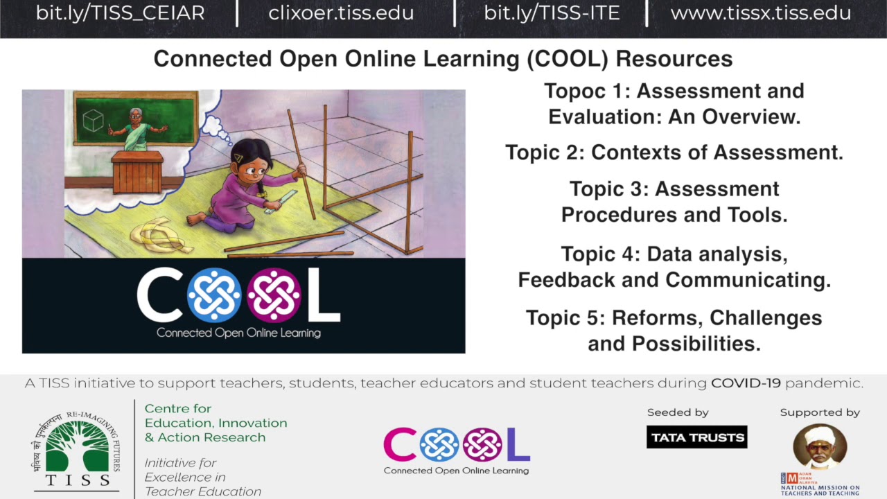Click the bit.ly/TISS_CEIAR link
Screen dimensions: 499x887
pyautogui.click(x=120, y=12)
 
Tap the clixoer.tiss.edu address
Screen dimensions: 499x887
pyautogui.click(x=341, y=12)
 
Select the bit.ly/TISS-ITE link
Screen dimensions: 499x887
pyautogui.click(x=552, y=12)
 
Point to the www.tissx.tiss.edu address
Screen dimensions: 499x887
pyautogui.click(x=760, y=12)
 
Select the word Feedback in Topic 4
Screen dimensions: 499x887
pyautogui.click(x=554, y=280)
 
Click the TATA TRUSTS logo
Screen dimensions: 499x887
pyautogui.click(x=696, y=437)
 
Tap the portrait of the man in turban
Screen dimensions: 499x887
pyautogui.click(x=820, y=447)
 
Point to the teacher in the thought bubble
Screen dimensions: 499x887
pyautogui.click(x=137, y=130)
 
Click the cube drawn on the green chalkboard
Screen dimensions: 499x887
pyautogui.click(x=92, y=121)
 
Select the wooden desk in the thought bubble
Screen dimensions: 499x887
pyautogui.click(x=137, y=173)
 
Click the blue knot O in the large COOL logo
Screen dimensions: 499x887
pyautogui.click(x=214, y=295)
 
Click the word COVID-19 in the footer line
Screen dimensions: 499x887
pyautogui.click(x=746, y=383)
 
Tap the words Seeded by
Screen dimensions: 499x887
pyautogui.click(x=678, y=412)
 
